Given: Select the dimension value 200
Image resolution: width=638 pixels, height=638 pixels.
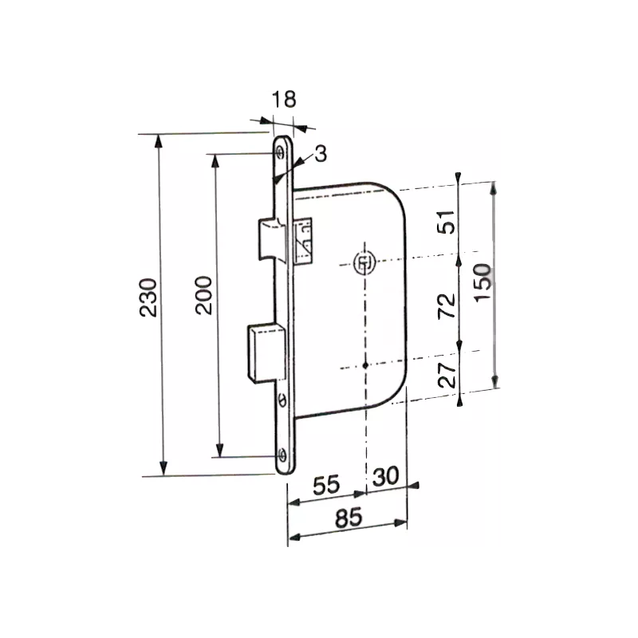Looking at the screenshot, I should coord(203,296).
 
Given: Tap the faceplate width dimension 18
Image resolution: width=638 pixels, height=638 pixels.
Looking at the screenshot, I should coord(283,100).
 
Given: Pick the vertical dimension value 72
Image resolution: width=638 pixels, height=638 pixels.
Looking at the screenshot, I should coord(448,305).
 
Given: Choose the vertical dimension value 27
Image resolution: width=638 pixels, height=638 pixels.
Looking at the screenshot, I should coord(448,374).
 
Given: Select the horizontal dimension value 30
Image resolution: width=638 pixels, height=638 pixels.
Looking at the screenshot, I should coord(385,476).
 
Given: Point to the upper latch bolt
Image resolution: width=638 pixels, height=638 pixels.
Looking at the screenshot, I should coord(268,238).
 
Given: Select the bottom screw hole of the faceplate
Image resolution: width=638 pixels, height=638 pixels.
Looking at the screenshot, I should coord(283,455).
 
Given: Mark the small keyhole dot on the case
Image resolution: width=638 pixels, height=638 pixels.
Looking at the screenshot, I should coord(364,366).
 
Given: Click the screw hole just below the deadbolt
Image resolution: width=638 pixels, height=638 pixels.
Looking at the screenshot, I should coord(283,399).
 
